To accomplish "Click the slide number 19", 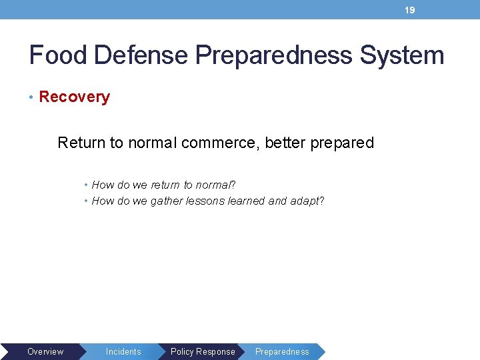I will pyautogui.click(x=410, y=10).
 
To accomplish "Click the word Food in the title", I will pyautogui.click(x=58, y=55).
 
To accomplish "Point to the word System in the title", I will pyautogui.click(x=402, y=55).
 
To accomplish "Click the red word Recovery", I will pyautogui.click(x=74, y=97).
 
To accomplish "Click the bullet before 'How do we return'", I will pyautogui.click(x=87, y=185).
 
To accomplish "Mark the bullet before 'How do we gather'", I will pyautogui.click(x=87, y=201).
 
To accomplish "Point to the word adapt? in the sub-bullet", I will pyautogui.click(x=307, y=201).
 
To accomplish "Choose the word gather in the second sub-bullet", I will pyautogui.click(x=166, y=201).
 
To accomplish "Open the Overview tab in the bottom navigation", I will pyautogui.click(x=45, y=351).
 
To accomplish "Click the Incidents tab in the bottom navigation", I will pyautogui.click(x=123, y=351).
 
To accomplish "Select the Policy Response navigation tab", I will pyautogui.click(x=203, y=351).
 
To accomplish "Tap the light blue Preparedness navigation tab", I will pyautogui.click(x=282, y=351).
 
